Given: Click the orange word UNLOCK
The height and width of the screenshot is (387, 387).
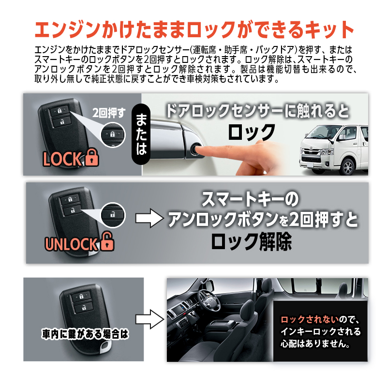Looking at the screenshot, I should click(x=72, y=243).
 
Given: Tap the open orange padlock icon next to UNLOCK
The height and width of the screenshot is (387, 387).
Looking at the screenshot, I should click(x=107, y=242).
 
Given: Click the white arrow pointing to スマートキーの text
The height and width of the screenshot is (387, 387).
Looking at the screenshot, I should click(x=148, y=219).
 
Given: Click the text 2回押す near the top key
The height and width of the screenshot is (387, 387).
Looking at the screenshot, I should click(x=109, y=114).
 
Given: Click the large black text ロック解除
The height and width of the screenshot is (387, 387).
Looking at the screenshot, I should click(x=251, y=241).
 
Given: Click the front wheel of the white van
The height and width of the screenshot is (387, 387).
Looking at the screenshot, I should click(x=347, y=167).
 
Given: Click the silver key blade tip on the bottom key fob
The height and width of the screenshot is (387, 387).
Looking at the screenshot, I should click(x=104, y=347).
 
